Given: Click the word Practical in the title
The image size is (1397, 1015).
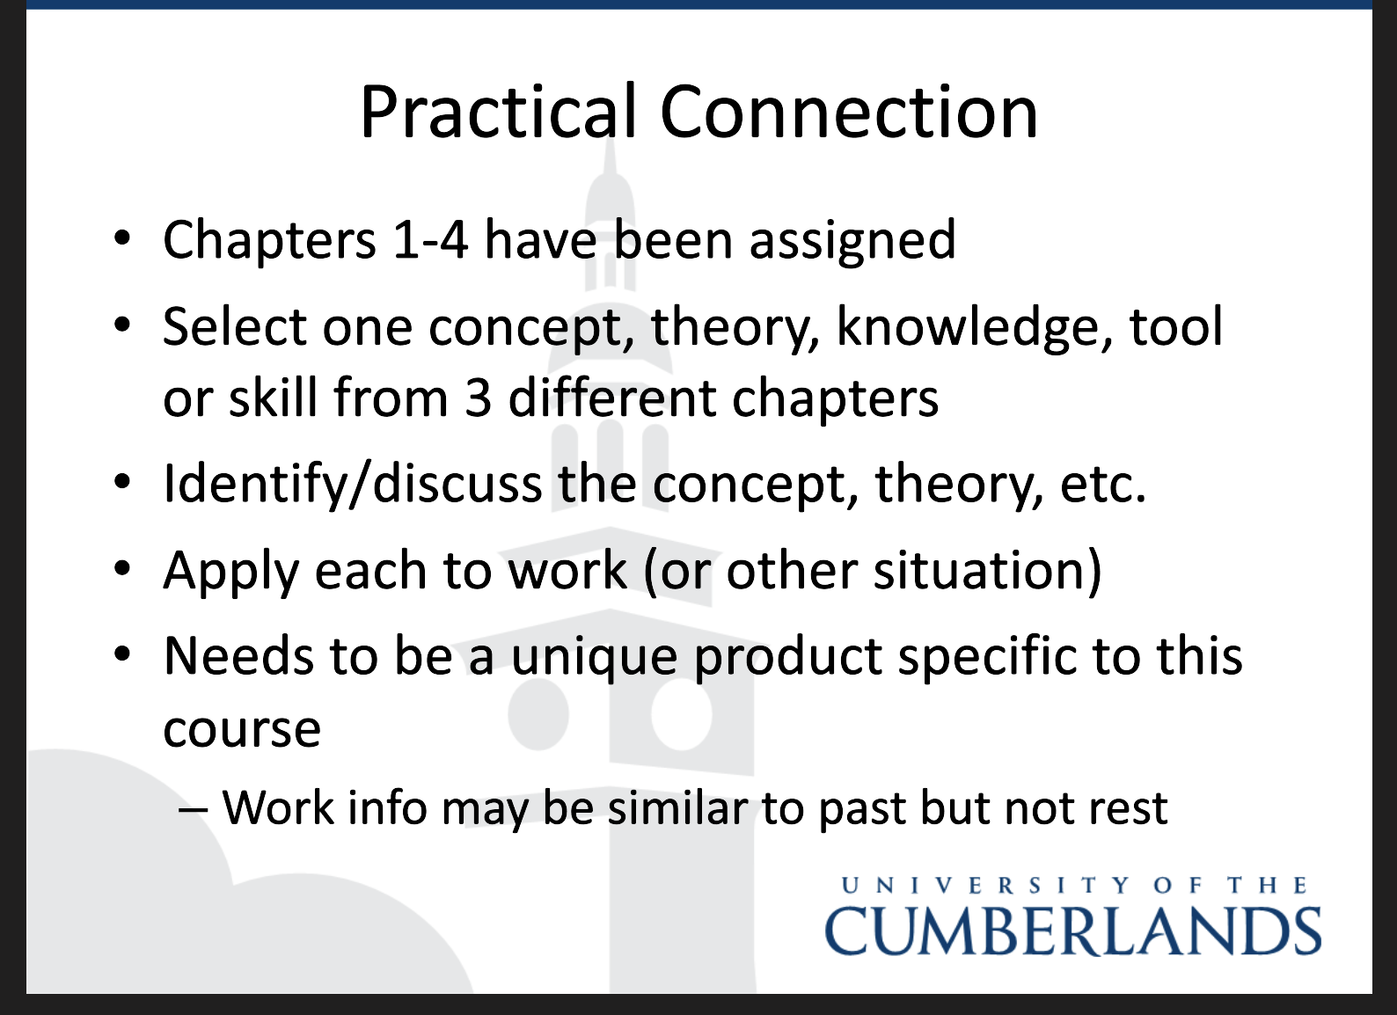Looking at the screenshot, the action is pyautogui.click(x=498, y=113).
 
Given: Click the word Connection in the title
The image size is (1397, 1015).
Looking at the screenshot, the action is pyautogui.click(x=849, y=113).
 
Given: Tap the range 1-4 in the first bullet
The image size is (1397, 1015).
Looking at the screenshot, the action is pyautogui.click(x=430, y=240).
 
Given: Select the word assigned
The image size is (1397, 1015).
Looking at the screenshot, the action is pyautogui.click(x=852, y=241).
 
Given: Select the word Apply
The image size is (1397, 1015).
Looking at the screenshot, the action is pyautogui.click(x=231, y=571).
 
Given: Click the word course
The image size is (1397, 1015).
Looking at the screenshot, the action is pyautogui.click(x=242, y=729).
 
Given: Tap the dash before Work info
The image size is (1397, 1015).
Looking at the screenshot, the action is pyautogui.click(x=193, y=810).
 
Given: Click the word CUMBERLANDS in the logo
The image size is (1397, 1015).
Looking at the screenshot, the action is pyautogui.click(x=1072, y=931).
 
